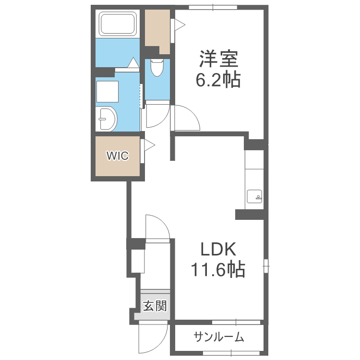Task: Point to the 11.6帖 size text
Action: (x=218, y=269)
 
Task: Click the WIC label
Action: (x=117, y=156)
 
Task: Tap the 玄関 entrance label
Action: (x=155, y=306)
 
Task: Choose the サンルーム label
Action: (x=219, y=337)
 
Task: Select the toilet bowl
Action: (x=156, y=68)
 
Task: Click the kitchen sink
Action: (x=254, y=196)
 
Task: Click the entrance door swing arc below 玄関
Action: (x=151, y=338)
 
